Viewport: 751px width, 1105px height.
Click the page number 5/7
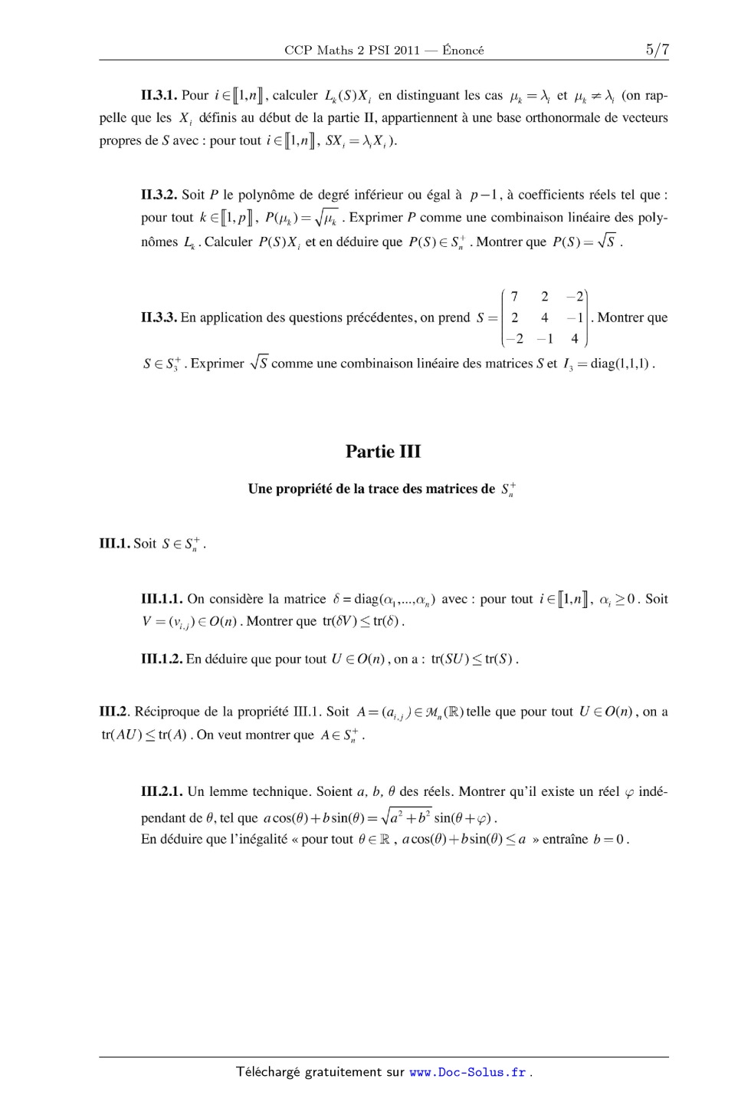(x=657, y=50)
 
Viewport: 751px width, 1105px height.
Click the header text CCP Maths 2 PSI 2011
(x=352, y=51)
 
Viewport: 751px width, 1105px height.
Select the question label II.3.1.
(x=159, y=96)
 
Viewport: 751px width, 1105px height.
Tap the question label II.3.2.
(x=159, y=195)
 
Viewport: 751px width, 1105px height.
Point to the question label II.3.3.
(x=159, y=317)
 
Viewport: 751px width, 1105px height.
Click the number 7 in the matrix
(x=514, y=297)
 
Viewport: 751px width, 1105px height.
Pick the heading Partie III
(x=383, y=451)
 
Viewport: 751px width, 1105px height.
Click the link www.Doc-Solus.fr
(x=467, y=1072)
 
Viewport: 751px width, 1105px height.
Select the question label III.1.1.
(x=162, y=599)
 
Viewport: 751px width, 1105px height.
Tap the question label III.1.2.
(x=162, y=659)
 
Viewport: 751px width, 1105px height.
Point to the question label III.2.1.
(x=162, y=791)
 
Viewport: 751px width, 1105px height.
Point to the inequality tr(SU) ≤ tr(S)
(x=474, y=659)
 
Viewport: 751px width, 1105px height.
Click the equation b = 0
(x=610, y=839)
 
